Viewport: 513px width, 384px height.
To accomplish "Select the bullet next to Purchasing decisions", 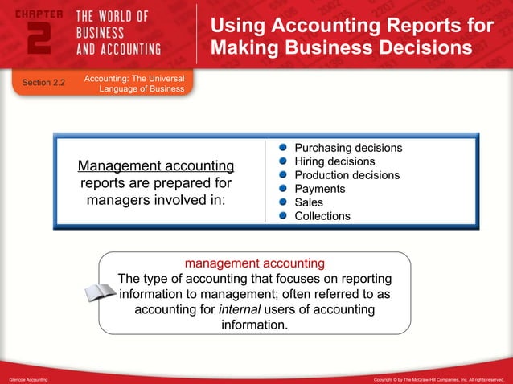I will pos(283,149).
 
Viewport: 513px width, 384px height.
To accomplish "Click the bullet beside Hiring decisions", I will pos(283,162).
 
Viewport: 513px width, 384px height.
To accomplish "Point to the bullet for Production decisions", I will pos(283,175).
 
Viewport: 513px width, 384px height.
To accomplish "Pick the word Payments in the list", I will pos(320,189).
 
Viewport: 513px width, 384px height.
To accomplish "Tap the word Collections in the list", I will pos(322,216).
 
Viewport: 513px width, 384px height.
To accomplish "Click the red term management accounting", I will pos(255,263).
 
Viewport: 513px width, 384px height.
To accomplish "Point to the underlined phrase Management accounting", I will pos(156,166).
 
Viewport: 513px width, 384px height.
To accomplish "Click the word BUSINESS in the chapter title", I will pos(101,33).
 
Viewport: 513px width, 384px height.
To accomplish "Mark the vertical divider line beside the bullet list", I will pos(265,182).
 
